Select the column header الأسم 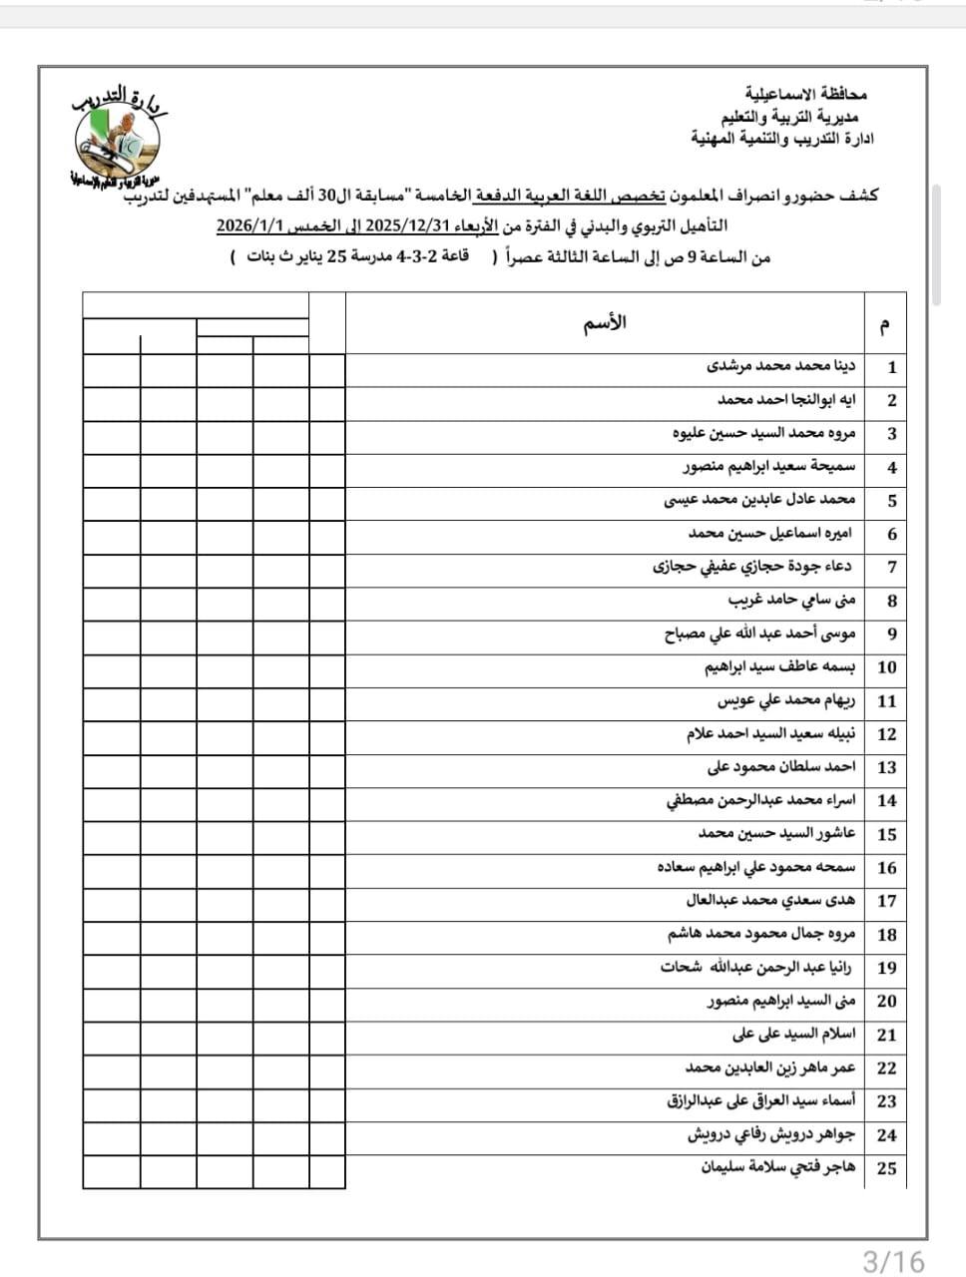[604, 323]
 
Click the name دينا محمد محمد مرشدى [781, 366]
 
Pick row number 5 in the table [891, 500]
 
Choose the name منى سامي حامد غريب [791, 600]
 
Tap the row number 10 [887, 666]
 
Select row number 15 [887, 834]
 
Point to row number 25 [887, 1168]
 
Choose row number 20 [887, 1001]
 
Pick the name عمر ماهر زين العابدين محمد [770, 1067]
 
